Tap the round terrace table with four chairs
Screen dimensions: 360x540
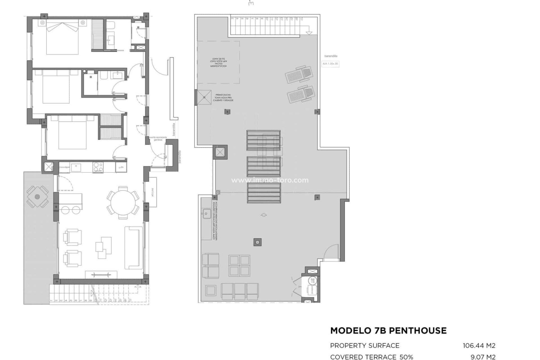pos(37,197)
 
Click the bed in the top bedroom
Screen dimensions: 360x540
pos(62,38)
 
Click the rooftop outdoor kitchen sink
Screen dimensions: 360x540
pos(207,214)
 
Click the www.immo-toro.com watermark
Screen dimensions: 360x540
pos(270,180)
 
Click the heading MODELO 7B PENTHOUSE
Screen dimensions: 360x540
pos(388,330)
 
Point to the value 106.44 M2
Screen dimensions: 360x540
pos(479,345)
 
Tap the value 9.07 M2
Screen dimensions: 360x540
pos(483,357)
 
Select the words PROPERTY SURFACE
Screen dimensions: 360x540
pos(364,345)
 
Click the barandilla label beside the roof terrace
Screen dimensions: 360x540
pos(330,56)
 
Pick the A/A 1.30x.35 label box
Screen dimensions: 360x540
pos(330,64)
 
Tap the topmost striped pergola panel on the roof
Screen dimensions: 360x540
pos(264,140)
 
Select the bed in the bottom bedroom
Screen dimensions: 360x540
pos(72,132)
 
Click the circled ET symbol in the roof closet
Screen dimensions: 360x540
pos(312,280)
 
